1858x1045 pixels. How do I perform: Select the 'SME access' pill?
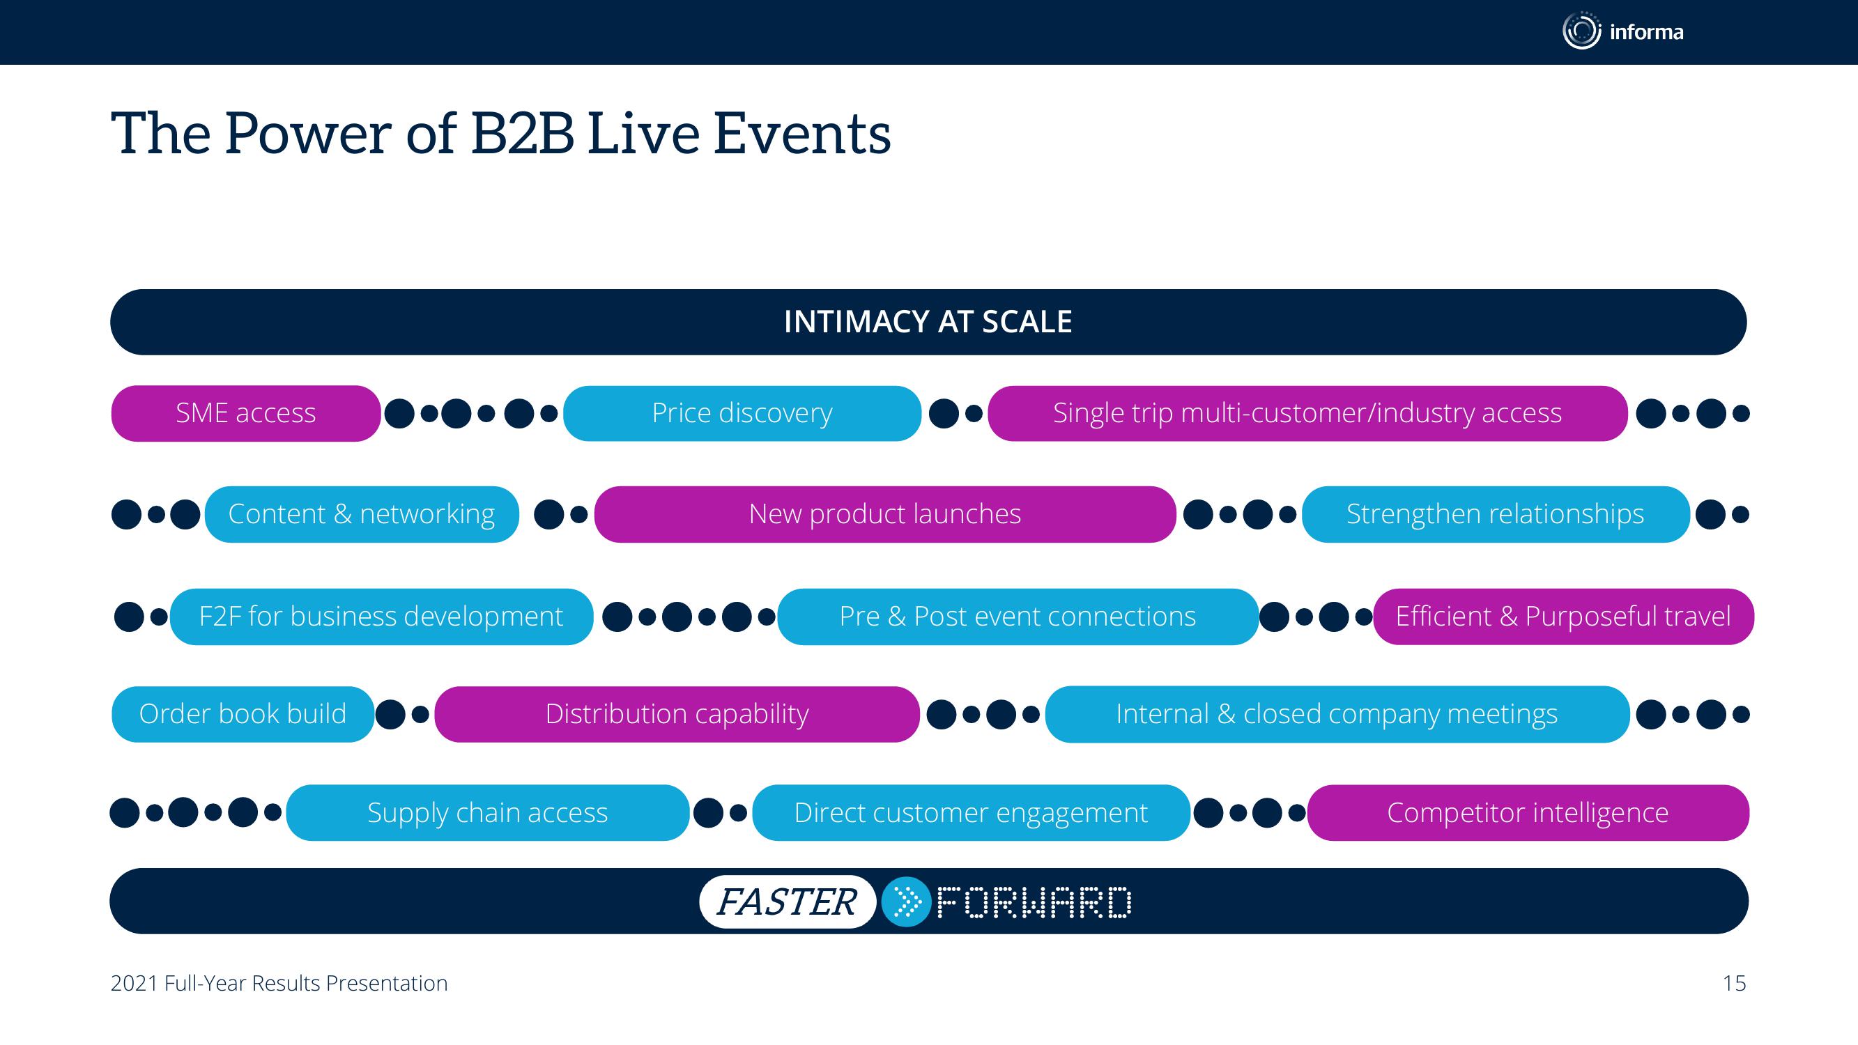pyautogui.click(x=246, y=413)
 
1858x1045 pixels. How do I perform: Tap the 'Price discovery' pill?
pyautogui.click(x=742, y=413)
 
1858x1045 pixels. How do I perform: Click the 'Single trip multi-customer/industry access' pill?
pyautogui.click(x=1307, y=413)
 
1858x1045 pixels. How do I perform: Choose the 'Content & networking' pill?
pyautogui.click(x=362, y=514)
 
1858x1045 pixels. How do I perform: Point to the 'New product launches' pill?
pyautogui.click(x=885, y=514)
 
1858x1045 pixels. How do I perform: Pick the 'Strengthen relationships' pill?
pyautogui.click(x=1495, y=514)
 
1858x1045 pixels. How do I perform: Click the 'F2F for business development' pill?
pyautogui.click(x=381, y=617)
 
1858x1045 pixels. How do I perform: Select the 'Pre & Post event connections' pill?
pyautogui.click(x=1018, y=617)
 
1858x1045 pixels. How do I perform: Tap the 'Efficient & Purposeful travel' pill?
pyautogui.click(x=1563, y=617)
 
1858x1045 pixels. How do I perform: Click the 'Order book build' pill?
pyautogui.click(x=243, y=714)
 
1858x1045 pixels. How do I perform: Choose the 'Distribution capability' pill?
pyautogui.click(x=677, y=714)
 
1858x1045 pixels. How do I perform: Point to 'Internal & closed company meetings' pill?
pyautogui.click(x=1337, y=714)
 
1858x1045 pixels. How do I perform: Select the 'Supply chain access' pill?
pyautogui.click(x=488, y=813)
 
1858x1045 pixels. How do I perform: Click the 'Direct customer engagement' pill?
pyautogui.click(x=971, y=813)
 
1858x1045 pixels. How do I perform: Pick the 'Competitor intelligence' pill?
pyautogui.click(x=1528, y=813)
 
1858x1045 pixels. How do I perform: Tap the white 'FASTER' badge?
pyautogui.click(x=788, y=901)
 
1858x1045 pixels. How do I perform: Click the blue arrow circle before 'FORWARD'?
pyautogui.click(x=907, y=901)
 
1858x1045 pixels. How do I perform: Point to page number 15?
pyautogui.click(x=1734, y=983)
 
